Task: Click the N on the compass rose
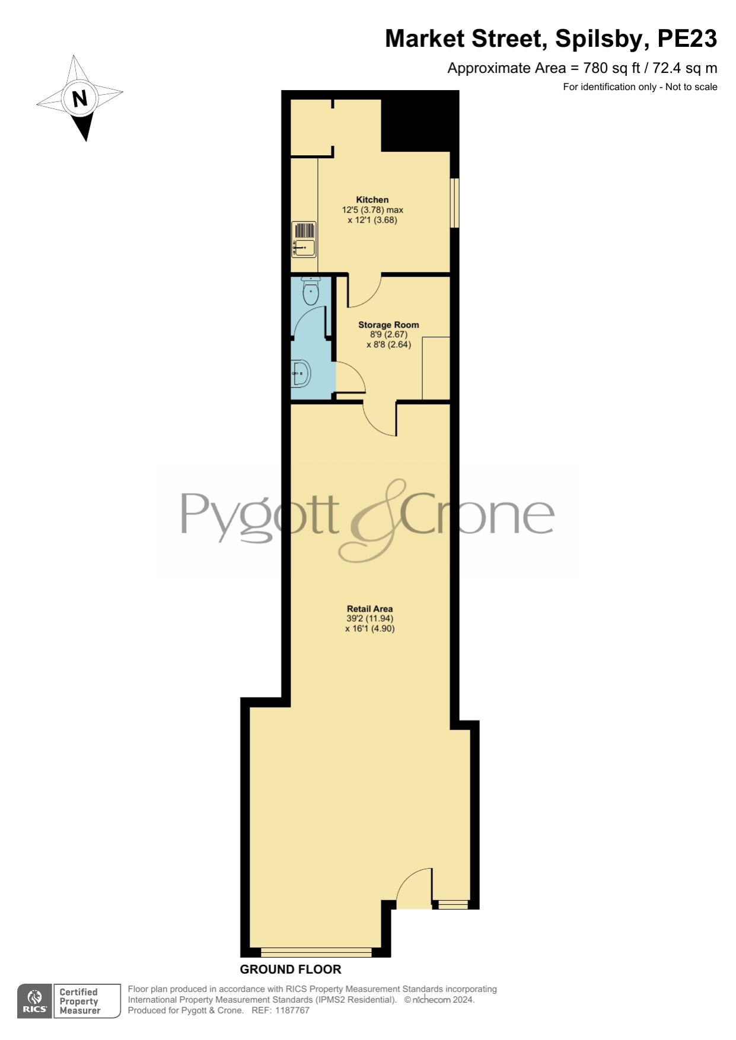tap(79, 98)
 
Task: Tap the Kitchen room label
tap(372, 200)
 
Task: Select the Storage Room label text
tap(388, 325)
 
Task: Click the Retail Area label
tap(369, 609)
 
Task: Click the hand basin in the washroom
tap(301, 373)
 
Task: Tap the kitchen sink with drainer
tap(304, 239)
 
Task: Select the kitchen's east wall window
tap(455, 203)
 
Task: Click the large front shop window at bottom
tap(316, 952)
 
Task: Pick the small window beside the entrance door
tap(453, 905)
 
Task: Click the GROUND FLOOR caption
tap(291, 969)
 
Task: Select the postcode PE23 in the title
tap(687, 39)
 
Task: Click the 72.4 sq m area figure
tap(685, 68)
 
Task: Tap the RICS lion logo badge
tap(35, 1001)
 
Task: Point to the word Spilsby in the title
tap(598, 39)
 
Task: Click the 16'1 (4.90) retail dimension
tap(369, 628)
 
